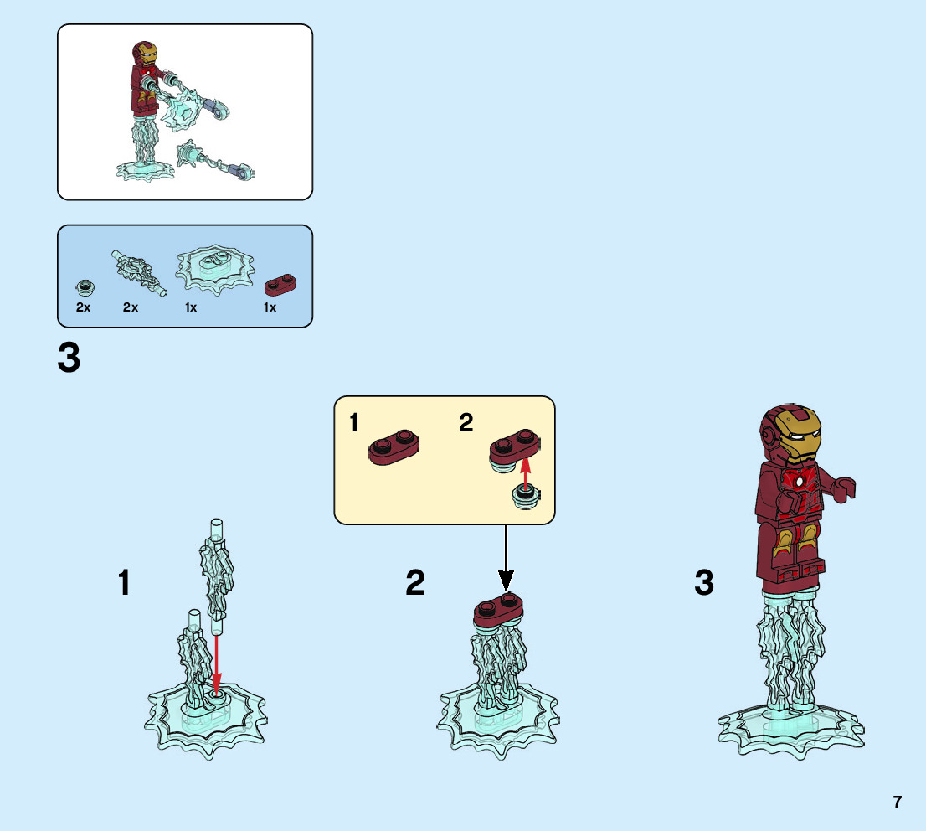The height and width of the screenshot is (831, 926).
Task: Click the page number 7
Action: [x=897, y=802]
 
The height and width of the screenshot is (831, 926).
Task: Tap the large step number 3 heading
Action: [x=69, y=359]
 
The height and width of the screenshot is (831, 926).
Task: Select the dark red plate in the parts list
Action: [x=282, y=286]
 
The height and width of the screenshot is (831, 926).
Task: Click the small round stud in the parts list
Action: [x=84, y=287]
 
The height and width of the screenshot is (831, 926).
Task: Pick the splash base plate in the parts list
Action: [x=215, y=270]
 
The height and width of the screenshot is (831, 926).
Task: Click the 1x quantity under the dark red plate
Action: [x=270, y=308]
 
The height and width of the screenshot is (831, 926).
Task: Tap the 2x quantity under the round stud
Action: [x=83, y=308]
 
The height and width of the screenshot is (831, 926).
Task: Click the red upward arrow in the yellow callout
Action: [x=525, y=472]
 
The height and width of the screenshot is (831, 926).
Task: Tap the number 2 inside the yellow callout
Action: [x=466, y=423]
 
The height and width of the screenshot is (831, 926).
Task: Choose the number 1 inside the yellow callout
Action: [x=353, y=423]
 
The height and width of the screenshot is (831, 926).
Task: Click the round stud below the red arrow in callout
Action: [x=526, y=498]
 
